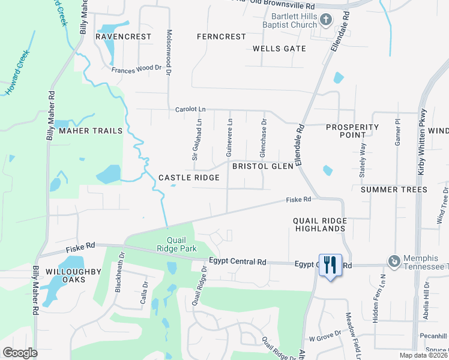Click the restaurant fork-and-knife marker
tap(330, 265)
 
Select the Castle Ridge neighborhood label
tap(189, 178)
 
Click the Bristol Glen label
tap(262, 166)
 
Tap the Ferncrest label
tap(221, 37)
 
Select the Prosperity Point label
tap(352, 131)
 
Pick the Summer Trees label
tap(394, 190)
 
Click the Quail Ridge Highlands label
tap(319, 224)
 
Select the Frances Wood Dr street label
tap(137, 70)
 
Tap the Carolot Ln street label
tap(190, 110)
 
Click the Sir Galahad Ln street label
tap(196, 139)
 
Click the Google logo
tap(20, 352)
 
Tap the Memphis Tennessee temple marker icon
tap(394, 261)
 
